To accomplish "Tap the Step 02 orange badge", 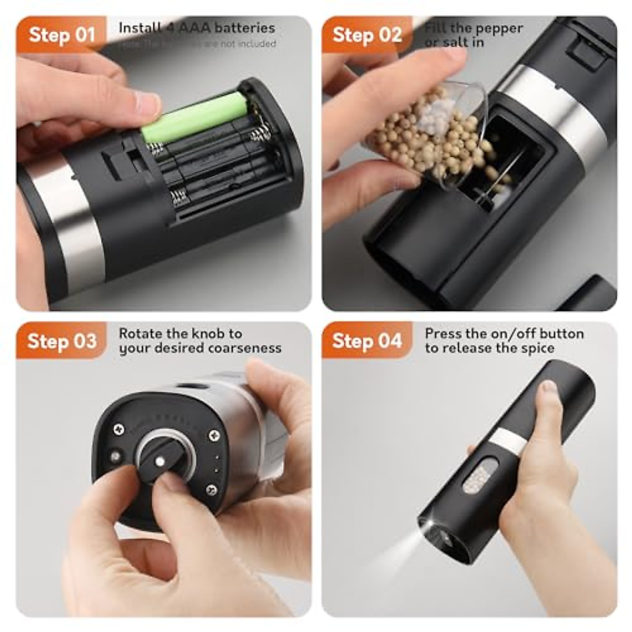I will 367,35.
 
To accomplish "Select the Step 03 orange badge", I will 62,341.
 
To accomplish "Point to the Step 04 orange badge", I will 367,341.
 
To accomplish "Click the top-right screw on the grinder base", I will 214,435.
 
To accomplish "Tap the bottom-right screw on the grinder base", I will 212,490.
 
